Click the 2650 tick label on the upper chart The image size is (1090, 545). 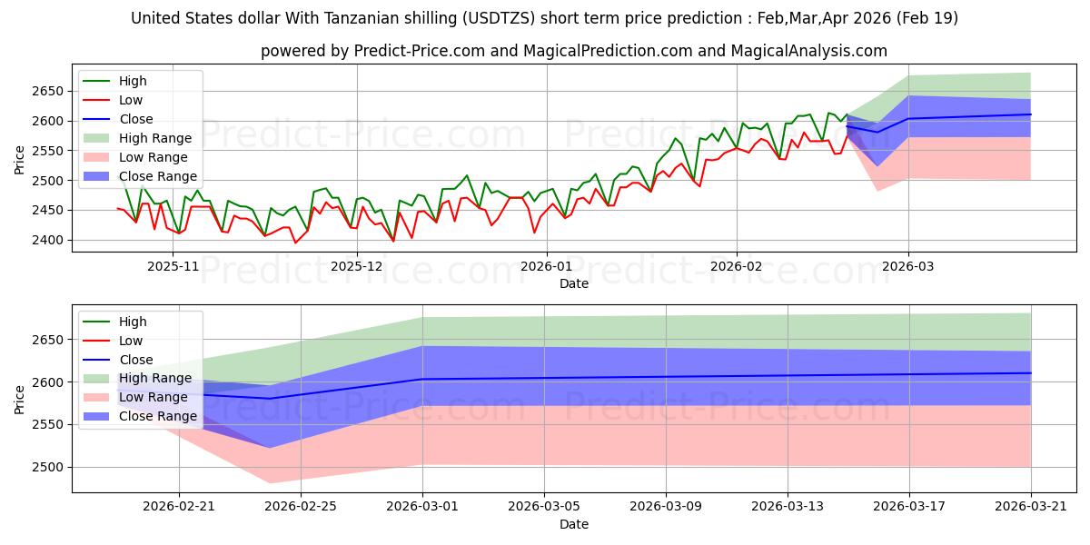pyautogui.click(x=47, y=91)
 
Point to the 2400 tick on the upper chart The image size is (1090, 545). pyautogui.click(x=47, y=240)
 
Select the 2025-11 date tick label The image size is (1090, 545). pyautogui.click(x=173, y=267)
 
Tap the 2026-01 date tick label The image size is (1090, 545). pyautogui.click(x=547, y=267)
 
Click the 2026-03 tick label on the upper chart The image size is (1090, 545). pyautogui.click(x=908, y=267)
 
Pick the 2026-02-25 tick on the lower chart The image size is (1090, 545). pyautogui.click(x=301, y=507)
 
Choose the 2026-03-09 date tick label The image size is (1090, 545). pyautogui.click(x=666, y=507)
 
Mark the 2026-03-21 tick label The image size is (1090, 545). pyautogui.click(x=1031, y=507)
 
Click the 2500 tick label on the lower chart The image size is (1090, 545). pyautogui.click(x=47, y=467)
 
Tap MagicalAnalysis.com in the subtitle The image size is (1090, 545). pyautogui.click(x=808, y=51)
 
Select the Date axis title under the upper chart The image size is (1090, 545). pyautogui.click(x=574, y=283)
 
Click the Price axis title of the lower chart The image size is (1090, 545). pyautogui.click(x=19, y=400)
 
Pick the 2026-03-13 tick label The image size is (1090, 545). pyautogui.click(x=788, y=507)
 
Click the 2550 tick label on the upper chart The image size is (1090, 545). pyautogui.click(x=47, y=151)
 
